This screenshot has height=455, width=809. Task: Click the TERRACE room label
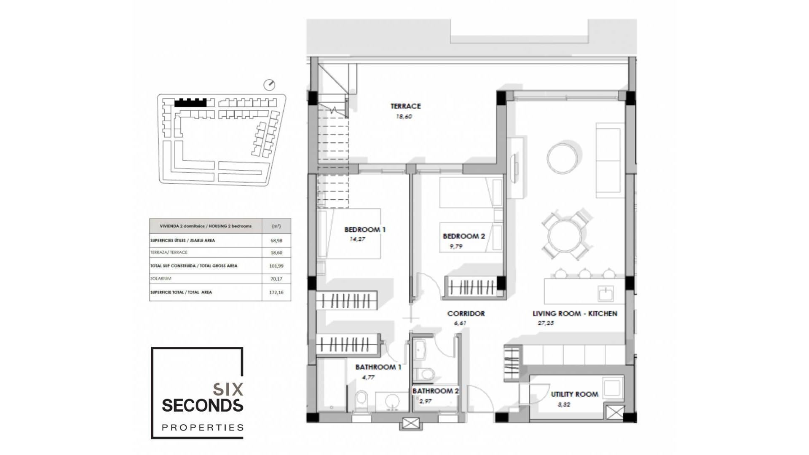[405, 106]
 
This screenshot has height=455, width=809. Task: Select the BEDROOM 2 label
[463, 236]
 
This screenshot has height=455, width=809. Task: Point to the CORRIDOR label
[466, 313]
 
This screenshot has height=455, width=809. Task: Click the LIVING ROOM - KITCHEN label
[574, 313]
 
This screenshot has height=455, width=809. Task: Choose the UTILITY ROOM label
[574, 394]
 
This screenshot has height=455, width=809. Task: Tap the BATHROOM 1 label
[378, 367]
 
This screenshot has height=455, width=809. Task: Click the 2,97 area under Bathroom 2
[425, 401]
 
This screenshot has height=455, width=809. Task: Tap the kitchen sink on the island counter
[605, 292]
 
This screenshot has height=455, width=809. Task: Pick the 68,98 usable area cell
[276, 241]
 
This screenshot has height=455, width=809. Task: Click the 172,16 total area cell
[276, 292]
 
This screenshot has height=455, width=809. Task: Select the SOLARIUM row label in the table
[161, 278]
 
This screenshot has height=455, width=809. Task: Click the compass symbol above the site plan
[269, 85]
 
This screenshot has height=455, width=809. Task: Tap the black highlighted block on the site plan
[190, 102]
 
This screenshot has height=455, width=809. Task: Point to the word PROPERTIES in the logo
[203, 428]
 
